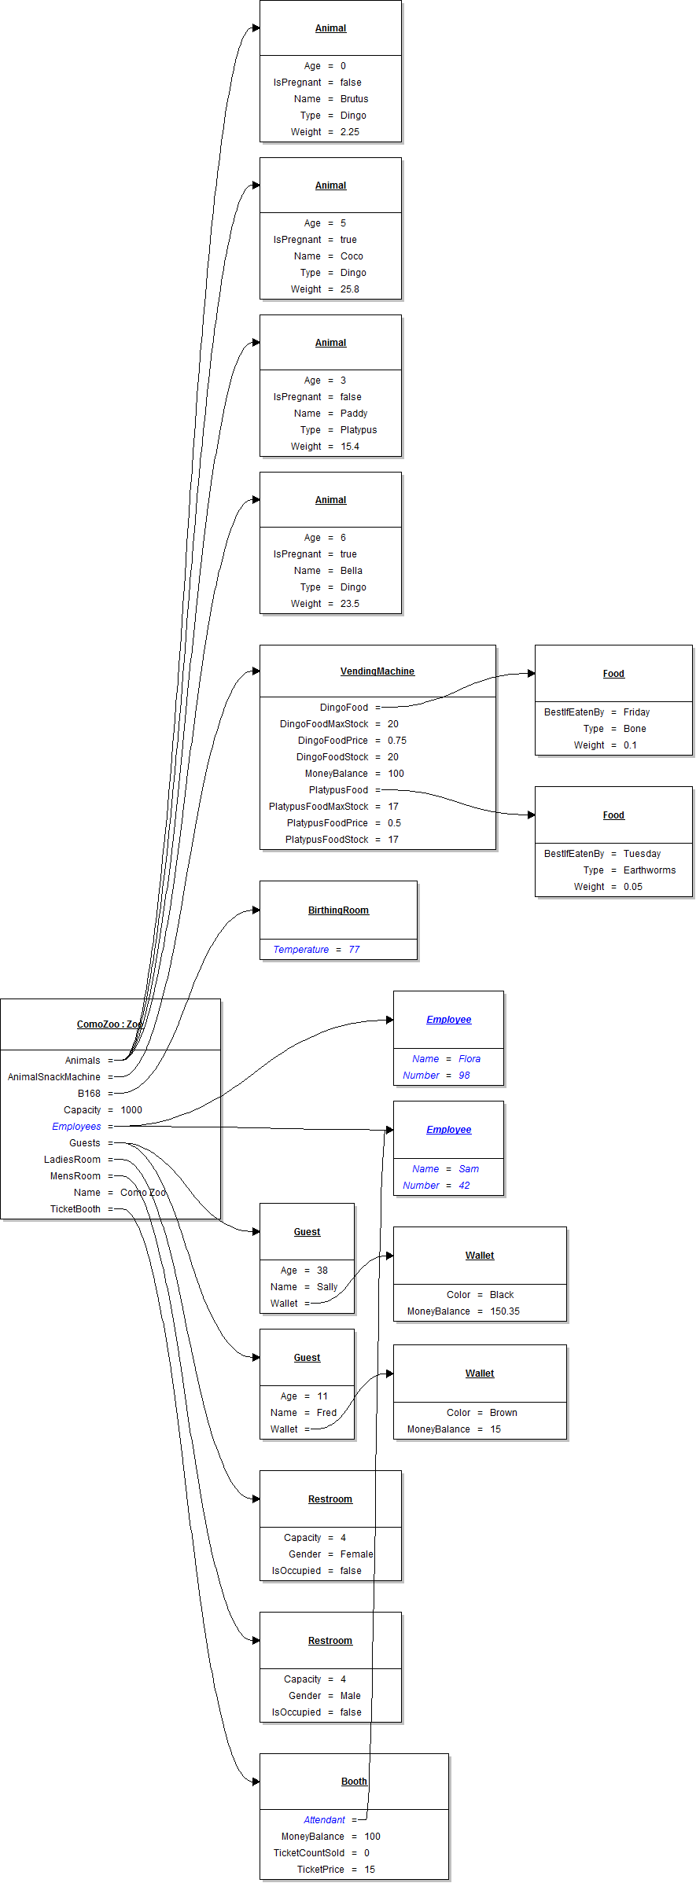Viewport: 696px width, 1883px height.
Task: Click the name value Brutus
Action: pos(354,99)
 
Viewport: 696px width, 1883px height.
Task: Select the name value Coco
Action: pos(352,256)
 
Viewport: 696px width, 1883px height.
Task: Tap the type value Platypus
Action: pos(359,430)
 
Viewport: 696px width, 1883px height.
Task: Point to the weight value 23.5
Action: pos(349,604)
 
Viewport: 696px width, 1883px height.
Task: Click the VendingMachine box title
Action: pos(377,671)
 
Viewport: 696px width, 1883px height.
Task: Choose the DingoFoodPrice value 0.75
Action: pos(396,741)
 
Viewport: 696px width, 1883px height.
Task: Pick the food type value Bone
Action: pos(635,729)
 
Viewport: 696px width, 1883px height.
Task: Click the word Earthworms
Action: pos(649,870)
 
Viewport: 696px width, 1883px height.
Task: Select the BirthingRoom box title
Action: pos(338,910)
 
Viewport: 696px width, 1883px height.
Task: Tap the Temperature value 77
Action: pos(354,950)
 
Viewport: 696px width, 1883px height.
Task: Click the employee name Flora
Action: pos(470,1059)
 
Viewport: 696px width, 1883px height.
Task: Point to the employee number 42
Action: pos(464,1186)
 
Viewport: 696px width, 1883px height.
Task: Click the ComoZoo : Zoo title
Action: pos(110,1024)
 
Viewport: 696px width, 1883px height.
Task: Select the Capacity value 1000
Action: pos(131,1110)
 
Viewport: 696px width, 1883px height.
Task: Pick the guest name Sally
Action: pos(327,1287)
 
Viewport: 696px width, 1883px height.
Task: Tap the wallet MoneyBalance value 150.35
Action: pos(505,1311)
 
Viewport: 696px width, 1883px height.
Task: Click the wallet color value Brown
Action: pos(503,1413)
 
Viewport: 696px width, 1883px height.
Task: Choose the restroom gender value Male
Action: pos(350,1696)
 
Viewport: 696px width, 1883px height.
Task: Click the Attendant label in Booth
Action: pos(324,1820)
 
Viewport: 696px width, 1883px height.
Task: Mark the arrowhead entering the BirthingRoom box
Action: pos(256,910)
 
